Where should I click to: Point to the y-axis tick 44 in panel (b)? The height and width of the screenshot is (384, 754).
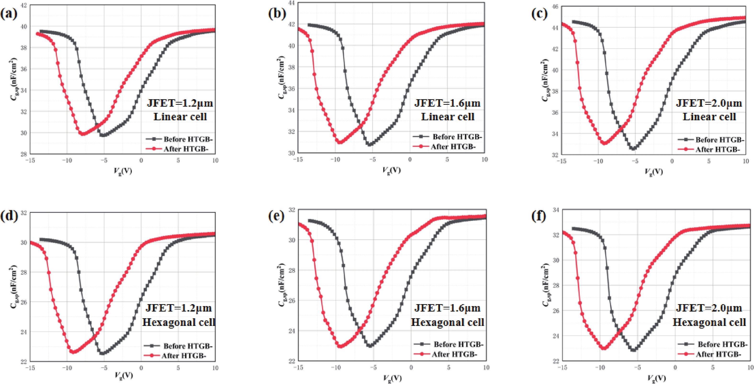point(292,3)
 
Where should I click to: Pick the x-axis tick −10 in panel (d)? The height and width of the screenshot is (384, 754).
point(67,368)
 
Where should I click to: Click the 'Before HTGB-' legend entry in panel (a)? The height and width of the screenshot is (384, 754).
point(187,139)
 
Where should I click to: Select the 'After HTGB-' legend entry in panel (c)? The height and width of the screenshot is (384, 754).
point(717,149)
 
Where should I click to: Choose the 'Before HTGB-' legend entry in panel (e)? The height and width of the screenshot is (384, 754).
point(458,344)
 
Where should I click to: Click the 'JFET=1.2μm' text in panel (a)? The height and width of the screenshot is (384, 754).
point(180,103)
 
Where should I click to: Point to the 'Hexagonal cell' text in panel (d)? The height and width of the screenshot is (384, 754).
point(179,322)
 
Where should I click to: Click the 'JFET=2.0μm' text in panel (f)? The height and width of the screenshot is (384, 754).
point(709,308)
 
